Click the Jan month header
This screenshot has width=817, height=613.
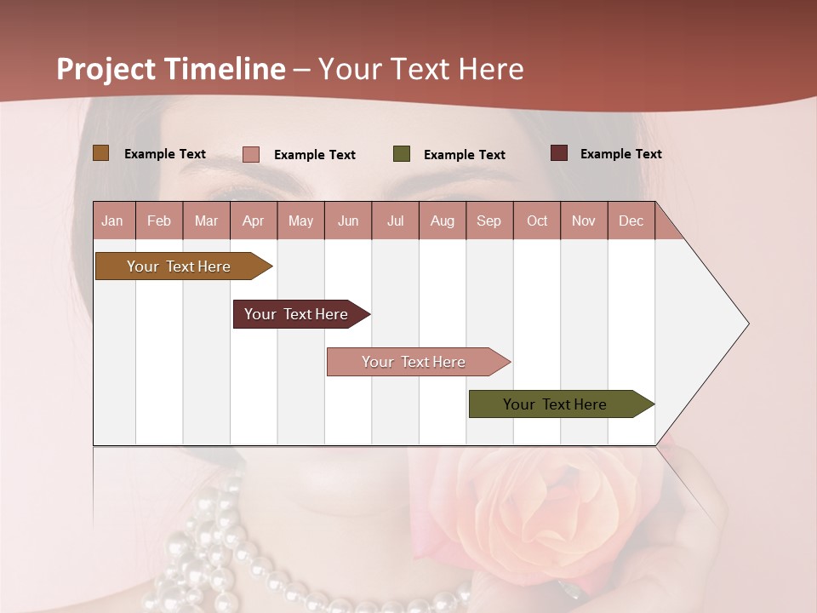click(112, 221)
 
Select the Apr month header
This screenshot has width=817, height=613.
click(253, 221)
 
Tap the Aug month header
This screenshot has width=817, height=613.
click(442, 221)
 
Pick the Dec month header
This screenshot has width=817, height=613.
click(631, 221)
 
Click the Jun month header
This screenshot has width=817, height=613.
click(347, 221)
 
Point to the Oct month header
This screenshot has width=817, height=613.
click(536, 221)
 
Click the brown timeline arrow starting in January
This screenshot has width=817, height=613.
click(179, 266)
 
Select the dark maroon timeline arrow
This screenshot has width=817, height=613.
click(296, 314)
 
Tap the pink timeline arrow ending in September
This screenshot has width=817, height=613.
click(414, 362)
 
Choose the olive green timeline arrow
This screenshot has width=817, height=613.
click(555, 404)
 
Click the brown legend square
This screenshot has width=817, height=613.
click(100, 153)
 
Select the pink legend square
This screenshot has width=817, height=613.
click(250, 154)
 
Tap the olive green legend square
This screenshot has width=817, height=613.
click(401, 154)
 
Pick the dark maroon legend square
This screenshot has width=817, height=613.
click(558, 153)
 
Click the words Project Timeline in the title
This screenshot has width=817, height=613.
click(170, 69)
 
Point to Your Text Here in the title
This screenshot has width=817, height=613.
click(420, 69)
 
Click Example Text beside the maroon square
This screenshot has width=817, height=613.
click(620, 154)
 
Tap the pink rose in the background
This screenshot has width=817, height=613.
click(553, 511)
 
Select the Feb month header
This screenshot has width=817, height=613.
click(158, 221)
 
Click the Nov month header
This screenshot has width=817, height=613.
click(583, 221)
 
